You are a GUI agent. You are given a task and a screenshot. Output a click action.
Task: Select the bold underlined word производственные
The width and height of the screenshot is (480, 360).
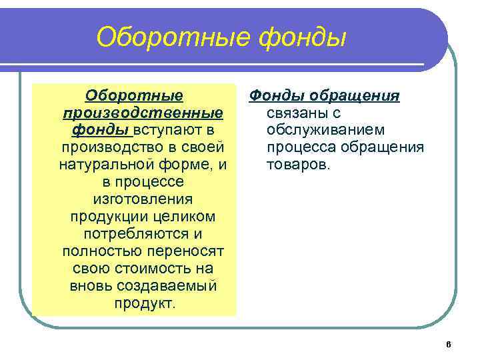coord(141,112)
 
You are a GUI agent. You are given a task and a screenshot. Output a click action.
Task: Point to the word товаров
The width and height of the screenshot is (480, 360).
coord(299,164)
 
